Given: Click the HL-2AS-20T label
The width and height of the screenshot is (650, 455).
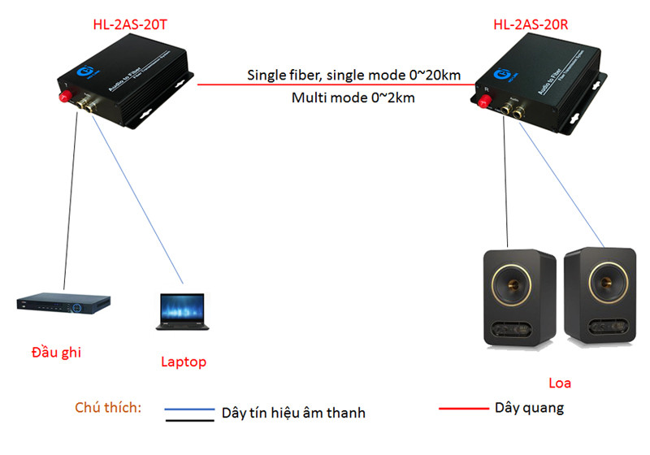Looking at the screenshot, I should [x=130, y=24].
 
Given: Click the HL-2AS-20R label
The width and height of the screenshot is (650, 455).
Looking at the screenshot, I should [x=531, y=24].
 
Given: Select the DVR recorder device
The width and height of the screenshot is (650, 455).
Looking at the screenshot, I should [x=64, y=305].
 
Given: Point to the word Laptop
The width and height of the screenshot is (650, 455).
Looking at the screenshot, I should [x=183, y=362].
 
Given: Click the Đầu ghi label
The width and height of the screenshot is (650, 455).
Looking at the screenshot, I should [x=56, y=353].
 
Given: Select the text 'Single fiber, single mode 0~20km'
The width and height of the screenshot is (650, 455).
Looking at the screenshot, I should [x=354, y=76].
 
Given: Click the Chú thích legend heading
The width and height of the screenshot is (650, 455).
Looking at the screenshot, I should [x=108, y=407].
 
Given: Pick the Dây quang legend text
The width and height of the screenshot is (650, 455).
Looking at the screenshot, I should [x=529, y=408].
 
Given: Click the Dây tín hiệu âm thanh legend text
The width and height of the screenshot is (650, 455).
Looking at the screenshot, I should [x=293, y=413].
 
